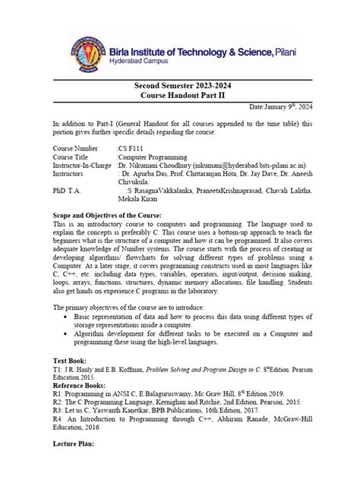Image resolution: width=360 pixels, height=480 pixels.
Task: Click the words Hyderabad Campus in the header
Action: click(139, 64)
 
